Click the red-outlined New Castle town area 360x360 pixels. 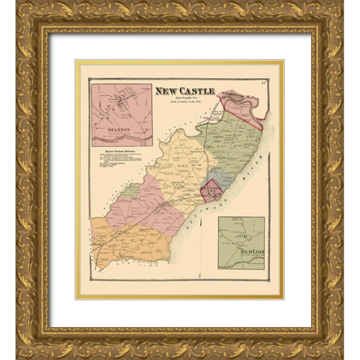click(x=211, y=190)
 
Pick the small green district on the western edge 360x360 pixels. click(x=129, y=190)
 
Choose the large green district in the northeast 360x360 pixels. click(x=229, y=142)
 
